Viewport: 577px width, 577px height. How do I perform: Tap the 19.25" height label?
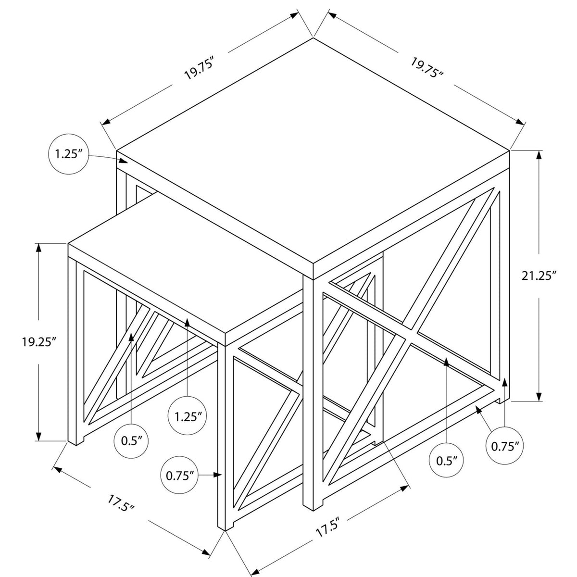39,342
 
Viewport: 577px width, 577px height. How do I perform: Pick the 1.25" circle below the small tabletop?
188,416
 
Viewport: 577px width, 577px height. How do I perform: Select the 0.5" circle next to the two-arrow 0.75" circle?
446,460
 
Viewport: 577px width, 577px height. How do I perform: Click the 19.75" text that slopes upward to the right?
200,68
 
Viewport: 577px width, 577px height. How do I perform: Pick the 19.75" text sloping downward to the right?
426,68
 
